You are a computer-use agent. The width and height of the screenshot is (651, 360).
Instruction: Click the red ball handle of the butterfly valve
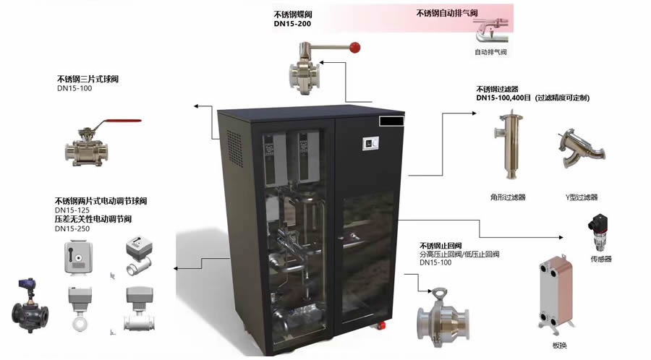pyautogui.click(x=354, y=48)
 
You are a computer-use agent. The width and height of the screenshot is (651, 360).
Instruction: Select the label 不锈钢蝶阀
pyautogui.click(x=297, y=14)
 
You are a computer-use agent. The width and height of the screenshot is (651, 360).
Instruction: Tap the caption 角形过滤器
pyautogui.click(x=508, y=197)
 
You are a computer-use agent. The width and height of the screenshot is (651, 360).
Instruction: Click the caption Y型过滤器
pyautogui.click(x=582, y=197)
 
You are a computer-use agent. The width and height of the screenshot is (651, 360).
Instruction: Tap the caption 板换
pyautogui.click(x=560, y=345)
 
